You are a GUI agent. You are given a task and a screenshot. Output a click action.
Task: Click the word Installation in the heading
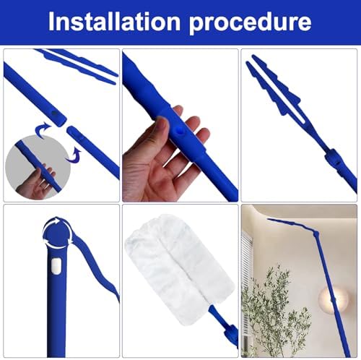[114, 22]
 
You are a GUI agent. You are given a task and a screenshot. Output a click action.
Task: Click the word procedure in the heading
[250, 23]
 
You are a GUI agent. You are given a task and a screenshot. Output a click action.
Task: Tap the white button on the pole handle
[56, 266]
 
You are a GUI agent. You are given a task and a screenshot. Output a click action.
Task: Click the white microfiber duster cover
[179, 267]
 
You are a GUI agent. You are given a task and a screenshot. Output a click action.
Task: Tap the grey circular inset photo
[38, 167]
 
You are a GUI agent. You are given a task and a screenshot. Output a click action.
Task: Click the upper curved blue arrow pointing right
[43, 129]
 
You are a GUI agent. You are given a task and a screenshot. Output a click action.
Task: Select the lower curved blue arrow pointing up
[74, 154]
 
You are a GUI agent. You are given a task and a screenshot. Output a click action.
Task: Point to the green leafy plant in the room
[274, 310]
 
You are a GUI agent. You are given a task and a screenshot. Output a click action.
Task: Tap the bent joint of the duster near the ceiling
[316, 233]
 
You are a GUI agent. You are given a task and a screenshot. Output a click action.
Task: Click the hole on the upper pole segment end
[55, 113]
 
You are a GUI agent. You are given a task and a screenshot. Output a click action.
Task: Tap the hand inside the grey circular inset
[36, 181]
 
